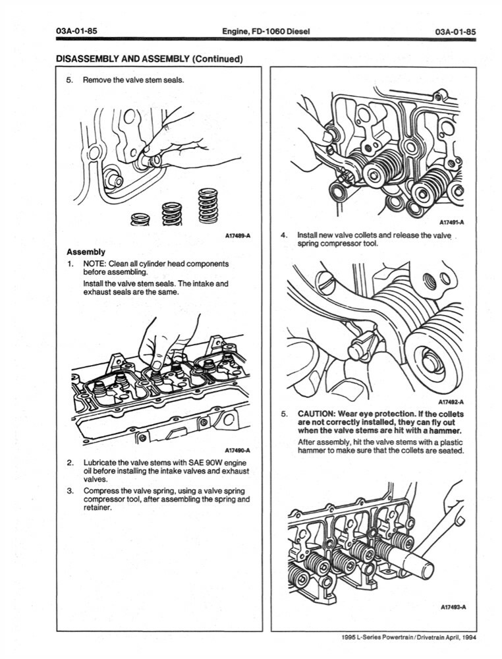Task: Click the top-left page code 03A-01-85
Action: [x=76, y=32]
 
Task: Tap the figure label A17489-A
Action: [x=238, y=235]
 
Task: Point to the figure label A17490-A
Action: [x=238, y=450]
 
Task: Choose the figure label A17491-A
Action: [x=451, y=223]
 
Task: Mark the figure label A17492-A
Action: [x=451, y=401]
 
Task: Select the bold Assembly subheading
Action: [x=86, y=252]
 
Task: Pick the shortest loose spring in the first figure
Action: [x=140, y=219]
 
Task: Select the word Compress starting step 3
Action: [x=102, y=491]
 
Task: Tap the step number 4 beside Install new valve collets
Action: [x=283, y=235]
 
